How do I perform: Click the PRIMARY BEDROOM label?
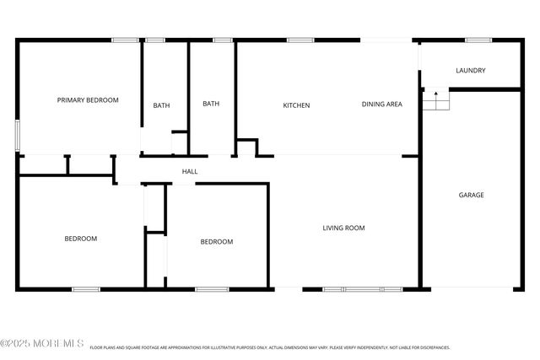(x=88, y=100)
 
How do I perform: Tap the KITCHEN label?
(x=296, y=105)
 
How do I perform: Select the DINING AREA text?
(x=381, y=105)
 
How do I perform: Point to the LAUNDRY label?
(x=470, y=71)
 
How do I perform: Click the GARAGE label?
(x=471, y=195)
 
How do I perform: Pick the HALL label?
(x=190, y=172)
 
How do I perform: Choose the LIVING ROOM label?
(x=344, y=228)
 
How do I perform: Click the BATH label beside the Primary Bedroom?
(x=161, y=105)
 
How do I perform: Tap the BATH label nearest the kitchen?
(x=211, y=104)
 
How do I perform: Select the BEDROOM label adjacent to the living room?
(x=216, y=242)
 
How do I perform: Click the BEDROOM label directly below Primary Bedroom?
(x=81, y=239)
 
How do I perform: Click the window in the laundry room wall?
(x=478, y=40)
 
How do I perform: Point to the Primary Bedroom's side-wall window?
(x=18, y=136)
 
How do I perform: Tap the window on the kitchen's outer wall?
(x=300, y=40)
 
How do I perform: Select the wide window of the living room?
(x=363, y=289)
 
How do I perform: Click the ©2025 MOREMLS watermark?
(x=42, y=343)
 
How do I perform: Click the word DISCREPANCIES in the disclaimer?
(x=430, y=347)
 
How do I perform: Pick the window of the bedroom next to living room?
(x=212, y=289)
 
